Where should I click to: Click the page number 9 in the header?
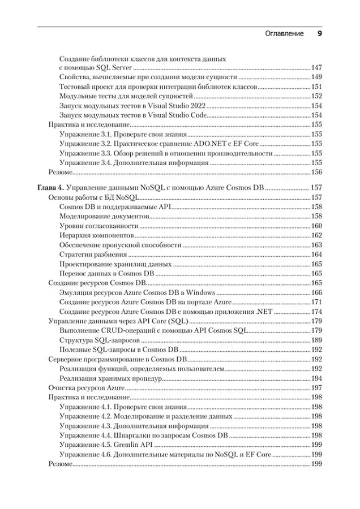coord(319,34)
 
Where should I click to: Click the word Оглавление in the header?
coord(285,34)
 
